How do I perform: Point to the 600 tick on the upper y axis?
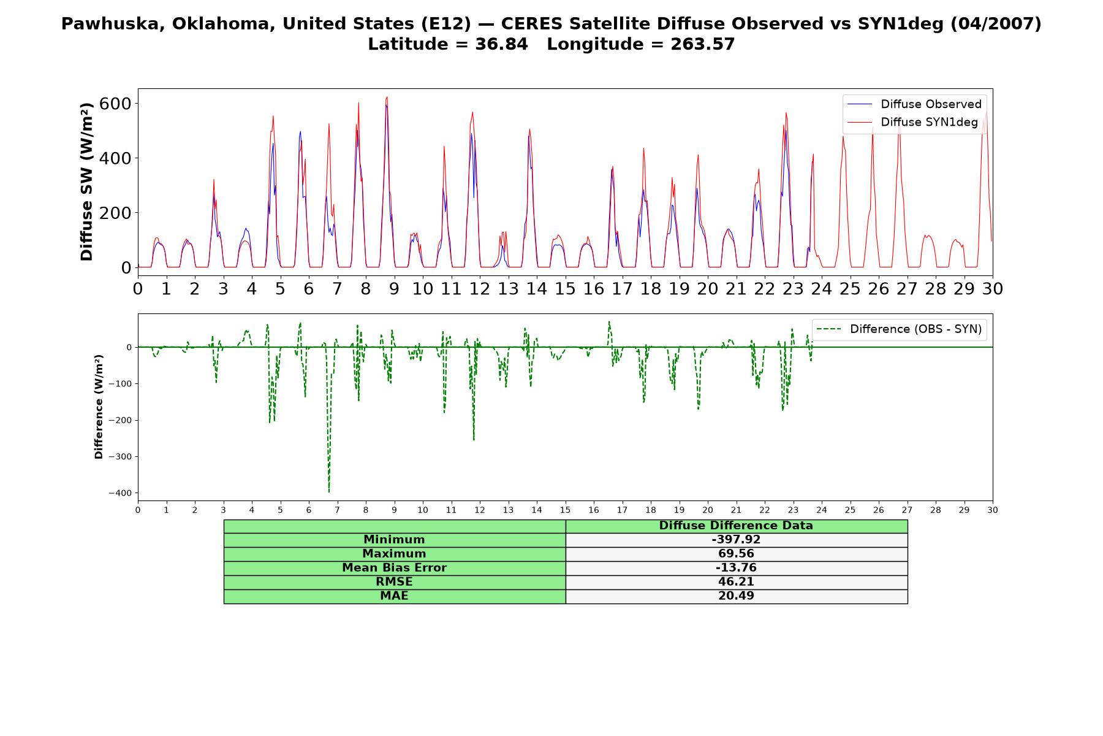click(x=116, y=103)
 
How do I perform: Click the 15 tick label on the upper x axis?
click(x=565, y=288)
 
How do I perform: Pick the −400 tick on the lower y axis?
click(x=120, y=493)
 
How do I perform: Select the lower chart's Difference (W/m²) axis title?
click(x=99, y=407)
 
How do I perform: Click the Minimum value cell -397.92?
click(x=736, y=540)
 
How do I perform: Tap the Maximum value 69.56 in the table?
click(x=736, y=554)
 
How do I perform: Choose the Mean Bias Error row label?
click(x=394, y=568)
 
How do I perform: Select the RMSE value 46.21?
click(x=736, y=582)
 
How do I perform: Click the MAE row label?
click(x=394, y=596)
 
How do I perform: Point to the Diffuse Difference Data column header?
click(x=736, y=526)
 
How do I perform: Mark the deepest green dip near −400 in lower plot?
click(x=329, y=491)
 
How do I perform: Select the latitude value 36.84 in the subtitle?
click(x=501, y=44)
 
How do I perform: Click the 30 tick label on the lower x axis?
click(x=993, y=510)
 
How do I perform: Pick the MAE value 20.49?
click(x=736, y=596)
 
